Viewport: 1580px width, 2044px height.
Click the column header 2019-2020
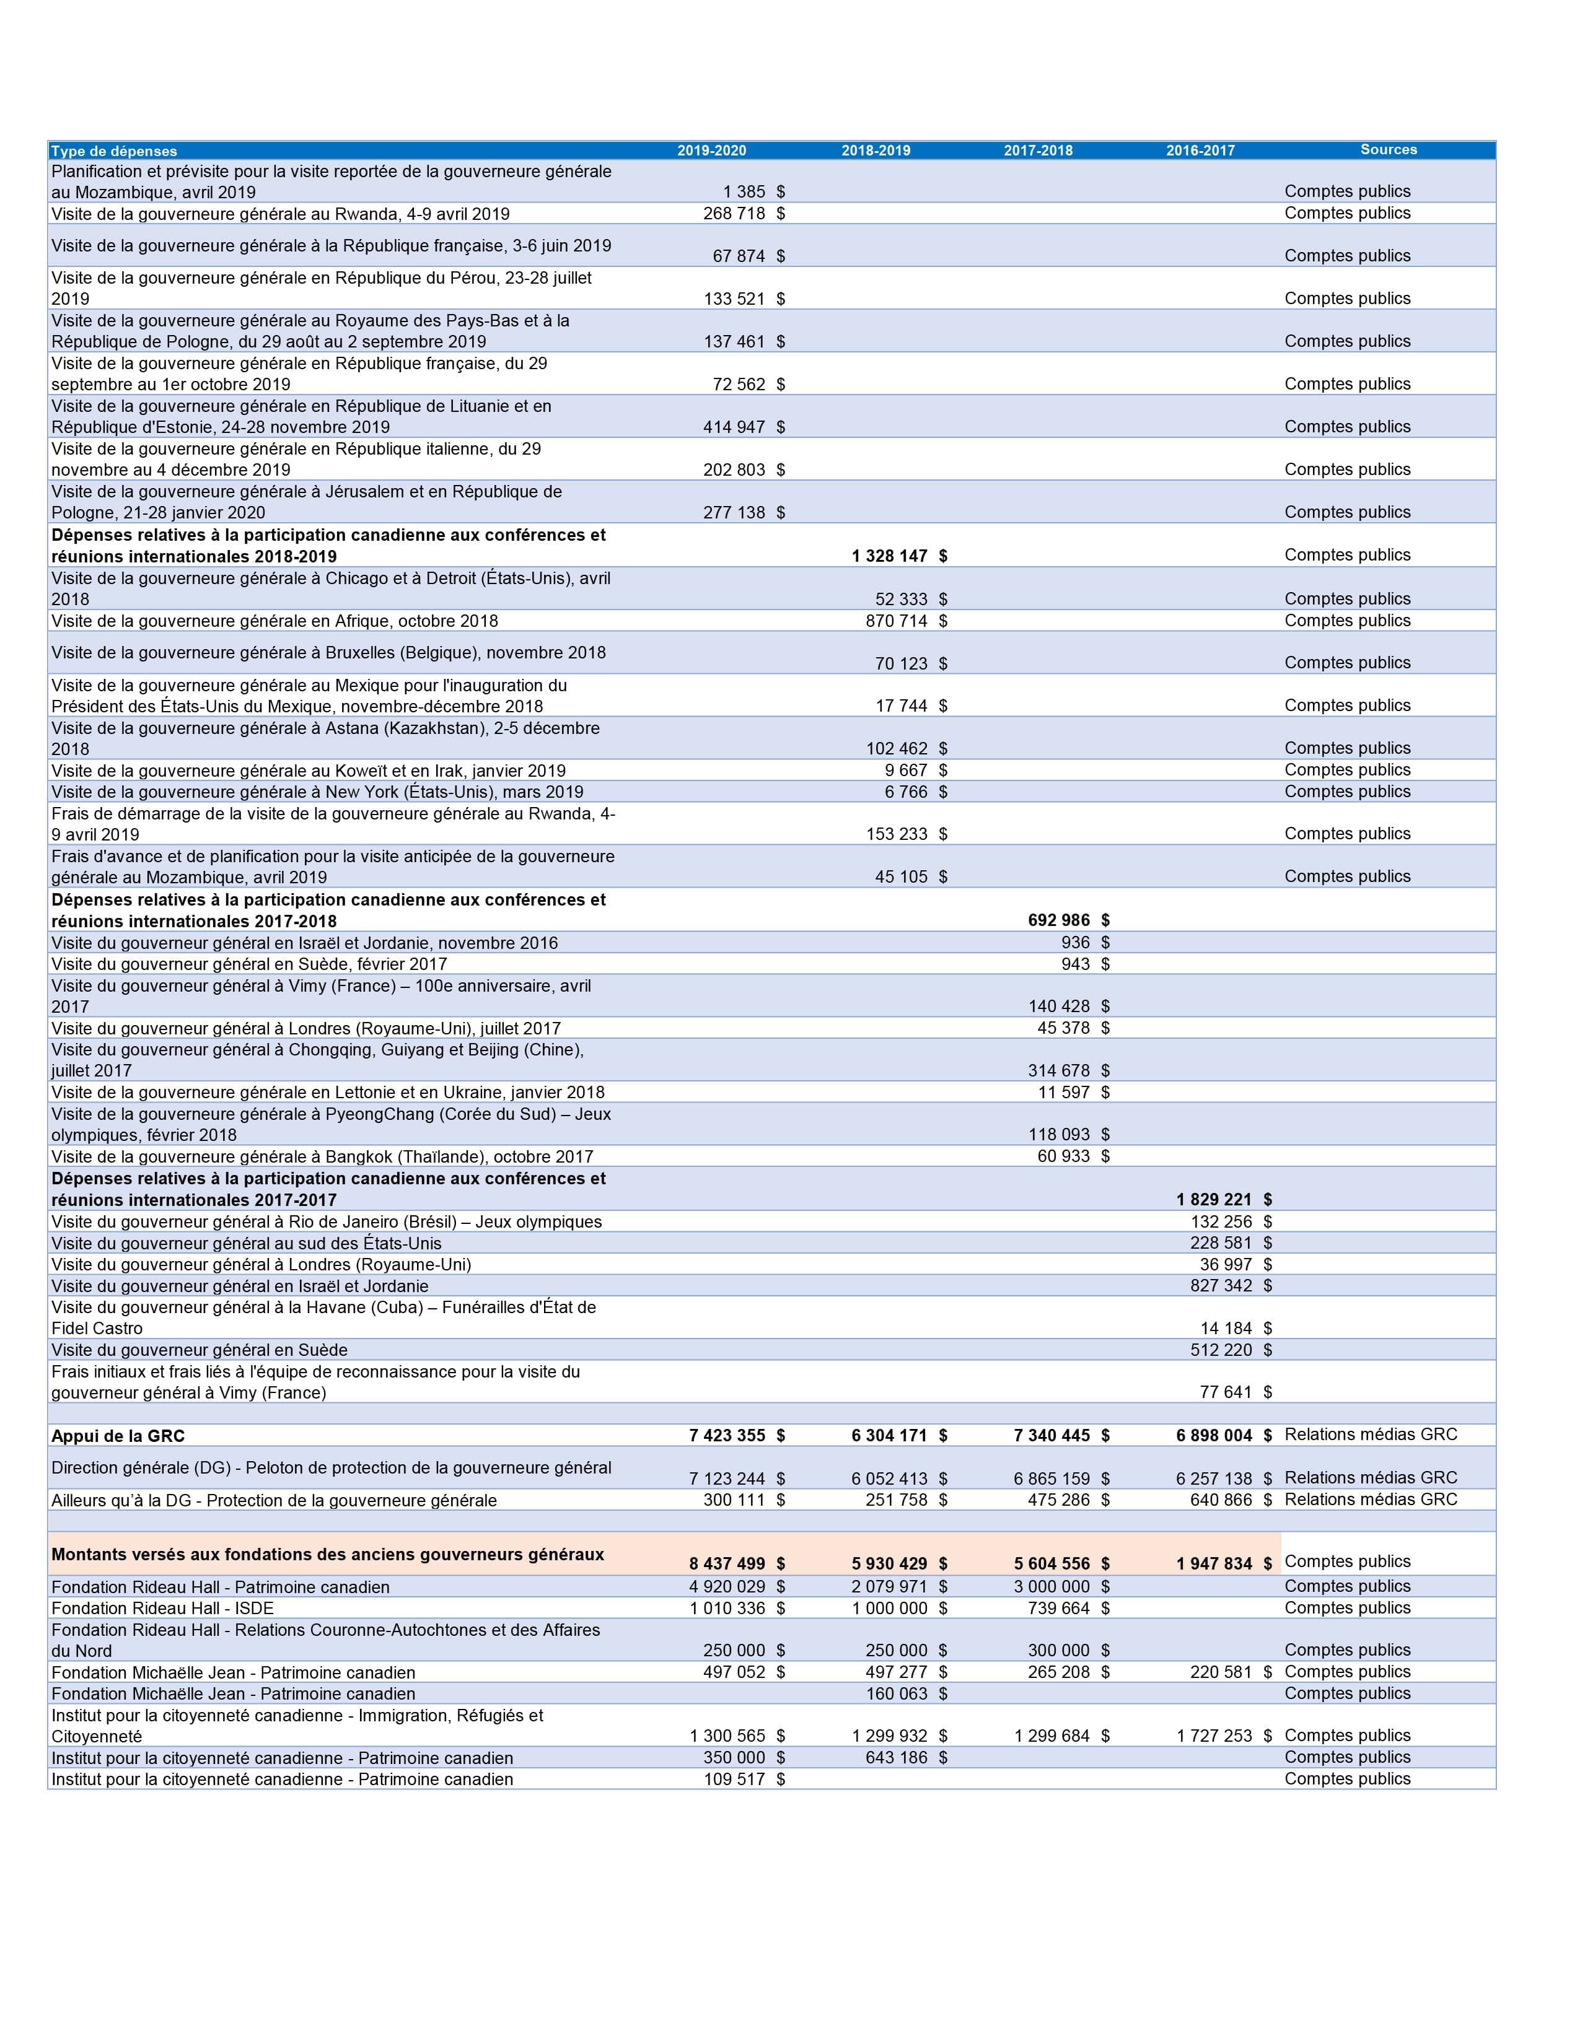(x=711, y=151)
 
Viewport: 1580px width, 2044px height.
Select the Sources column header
(x=1388, y=150)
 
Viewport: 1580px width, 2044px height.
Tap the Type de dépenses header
(x=114, y=151)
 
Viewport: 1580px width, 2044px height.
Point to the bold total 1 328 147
(x=889, y=556)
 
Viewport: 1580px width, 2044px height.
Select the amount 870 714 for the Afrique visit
(x=896, y=621)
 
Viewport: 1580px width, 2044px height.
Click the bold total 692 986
(x=1059, y=920)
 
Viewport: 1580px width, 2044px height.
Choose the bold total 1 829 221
(x=1213, y=1199)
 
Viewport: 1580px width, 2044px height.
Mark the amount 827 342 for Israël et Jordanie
(x=1221, y=1285)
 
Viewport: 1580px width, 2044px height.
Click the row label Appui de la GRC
(x=118, y=1436)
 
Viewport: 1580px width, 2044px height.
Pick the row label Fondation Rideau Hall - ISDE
(x=163, y=1608)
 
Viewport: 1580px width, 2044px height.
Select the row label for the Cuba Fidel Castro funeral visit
(x=323, y=1317)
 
